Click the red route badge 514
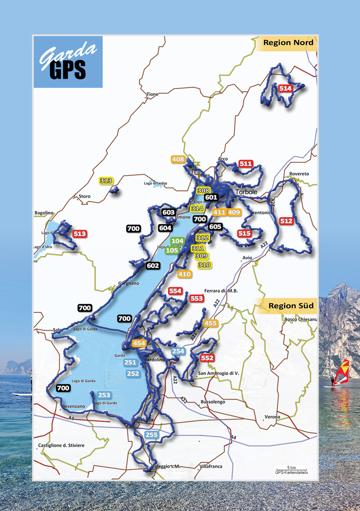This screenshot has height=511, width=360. click(x=285, y=89)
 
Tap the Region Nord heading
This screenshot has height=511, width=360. click(x=288, y=43)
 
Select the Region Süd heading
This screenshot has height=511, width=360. click(x=291, y=306)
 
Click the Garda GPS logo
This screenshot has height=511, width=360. click(x=68, y=62)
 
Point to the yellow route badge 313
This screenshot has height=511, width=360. click(x=106, y=181)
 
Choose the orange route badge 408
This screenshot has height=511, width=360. click(x=178, y=159)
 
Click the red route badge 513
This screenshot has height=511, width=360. click(x=80, y=234)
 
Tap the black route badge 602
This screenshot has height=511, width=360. click(x=153, y=266)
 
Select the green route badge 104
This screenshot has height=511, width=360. click(x=177, y=241)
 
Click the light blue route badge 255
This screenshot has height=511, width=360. click(x=151, y=435)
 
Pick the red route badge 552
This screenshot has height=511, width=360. click(x=207, y=358)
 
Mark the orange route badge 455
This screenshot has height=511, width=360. click(x=210, y=323)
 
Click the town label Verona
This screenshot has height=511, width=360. click(x=272, y=417)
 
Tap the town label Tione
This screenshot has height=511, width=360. click(x=152, y=94)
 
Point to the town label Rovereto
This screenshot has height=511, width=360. click(x=299, y=174)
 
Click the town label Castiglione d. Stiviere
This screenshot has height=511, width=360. click(x=61, y=445)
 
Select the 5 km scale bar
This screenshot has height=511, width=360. click(x=292, y=469)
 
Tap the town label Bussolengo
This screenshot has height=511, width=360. click(x=213, y=402)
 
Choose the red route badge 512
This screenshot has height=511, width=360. click(x=286, y=221)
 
